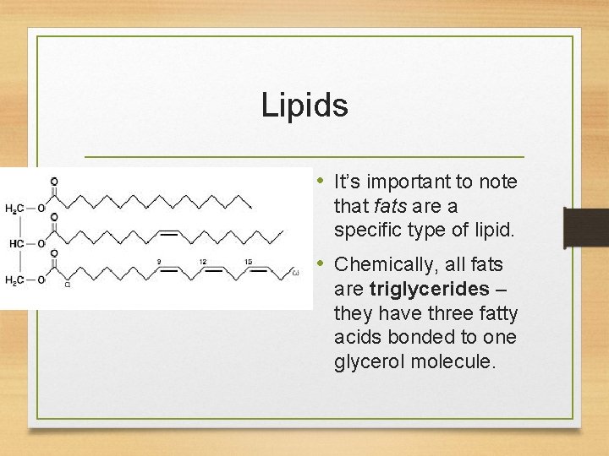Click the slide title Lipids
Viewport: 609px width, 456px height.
coord(304,106)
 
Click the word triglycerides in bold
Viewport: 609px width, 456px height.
coord(429,289)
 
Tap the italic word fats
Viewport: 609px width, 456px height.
coord(387,205)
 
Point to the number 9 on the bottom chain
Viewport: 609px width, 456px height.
coord(158,262)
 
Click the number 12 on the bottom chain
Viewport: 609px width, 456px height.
coord(203,262)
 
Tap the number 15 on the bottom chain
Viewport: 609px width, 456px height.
coord(247,262)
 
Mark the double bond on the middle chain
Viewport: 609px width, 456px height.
coord(168,230)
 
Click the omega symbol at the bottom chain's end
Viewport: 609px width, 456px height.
coord(295,273)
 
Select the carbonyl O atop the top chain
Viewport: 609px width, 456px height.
coord(55,182)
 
